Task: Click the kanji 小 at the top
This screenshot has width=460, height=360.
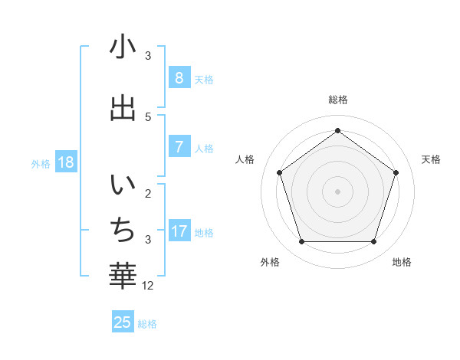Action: (x=123, y=47)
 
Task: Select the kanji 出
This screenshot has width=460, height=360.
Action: (x=123, y=107)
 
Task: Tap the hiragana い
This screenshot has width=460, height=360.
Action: (x=123, y=185)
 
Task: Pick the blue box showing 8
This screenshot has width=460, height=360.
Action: (x=179, y=78)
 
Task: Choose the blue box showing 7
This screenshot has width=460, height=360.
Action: (x=179, y=147)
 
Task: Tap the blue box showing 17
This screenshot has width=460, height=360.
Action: (x=179, y=231)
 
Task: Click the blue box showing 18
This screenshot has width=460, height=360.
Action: (x=65, y=162)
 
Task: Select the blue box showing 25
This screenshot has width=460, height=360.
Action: (x=123, y=322)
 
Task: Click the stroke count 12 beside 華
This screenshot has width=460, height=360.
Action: (x=149, y=286)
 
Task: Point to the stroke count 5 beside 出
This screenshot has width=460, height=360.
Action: (x=148, y=116)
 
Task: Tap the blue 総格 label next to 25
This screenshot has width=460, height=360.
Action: (x=147, y=324)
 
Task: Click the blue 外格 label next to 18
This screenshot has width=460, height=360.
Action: (x=41, y=163)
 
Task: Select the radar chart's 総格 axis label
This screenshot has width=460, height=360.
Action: (x=337, y=100)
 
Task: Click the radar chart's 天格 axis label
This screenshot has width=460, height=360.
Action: (x=431, y=159)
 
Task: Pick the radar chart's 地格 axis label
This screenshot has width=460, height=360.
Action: (x=402, y=262)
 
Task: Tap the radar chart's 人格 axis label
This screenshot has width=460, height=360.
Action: (x=245, y=159)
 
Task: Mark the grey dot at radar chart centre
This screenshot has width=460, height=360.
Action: (x=337, y=191)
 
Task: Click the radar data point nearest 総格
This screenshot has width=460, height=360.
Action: (x=337, y=130)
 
